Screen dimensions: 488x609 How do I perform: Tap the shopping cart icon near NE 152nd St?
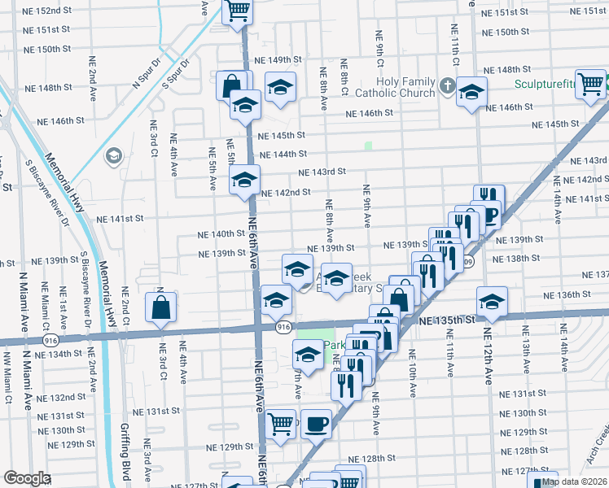tap(238, 11)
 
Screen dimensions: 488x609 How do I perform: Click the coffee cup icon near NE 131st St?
tap(316, 424)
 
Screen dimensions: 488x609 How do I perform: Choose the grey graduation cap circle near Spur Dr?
tap(113, 155)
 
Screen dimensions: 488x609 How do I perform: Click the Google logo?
tap(26, 478)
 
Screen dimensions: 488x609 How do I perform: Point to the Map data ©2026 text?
tap(574, 481)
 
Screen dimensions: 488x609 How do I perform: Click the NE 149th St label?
tap(279, 60)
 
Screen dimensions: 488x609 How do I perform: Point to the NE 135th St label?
tap(446, 321)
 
